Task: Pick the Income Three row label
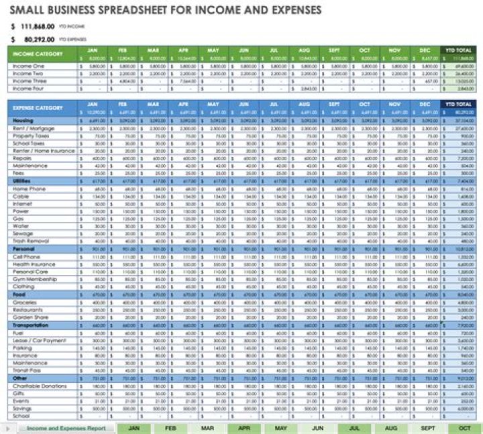30,81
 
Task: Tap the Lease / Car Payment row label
40,340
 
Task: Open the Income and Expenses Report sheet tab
65,427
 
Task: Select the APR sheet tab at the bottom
244,427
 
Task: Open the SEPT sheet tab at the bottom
428,427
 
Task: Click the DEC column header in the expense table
425,104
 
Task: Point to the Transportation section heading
32,325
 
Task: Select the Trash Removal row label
31,241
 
